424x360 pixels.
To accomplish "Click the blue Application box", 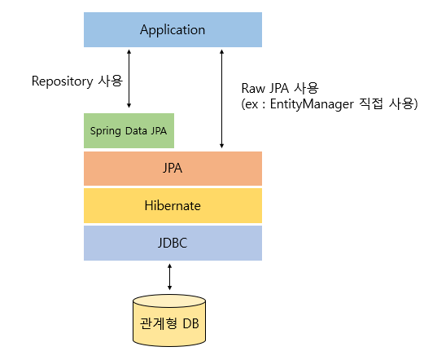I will click(173, 30).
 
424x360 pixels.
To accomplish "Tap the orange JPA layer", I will click(173, 169).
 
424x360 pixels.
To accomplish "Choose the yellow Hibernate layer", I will click(173, 205).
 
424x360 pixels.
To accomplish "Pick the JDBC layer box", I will click(173, 243).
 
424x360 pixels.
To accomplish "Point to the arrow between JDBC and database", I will click(168, 277).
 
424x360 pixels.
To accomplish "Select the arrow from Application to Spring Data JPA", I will click(129, 80).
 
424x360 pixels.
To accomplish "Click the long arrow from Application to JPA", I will click(221, 98).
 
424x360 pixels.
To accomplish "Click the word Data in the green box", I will click(136, 130).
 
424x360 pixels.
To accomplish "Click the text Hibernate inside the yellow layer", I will click(173, 205).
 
